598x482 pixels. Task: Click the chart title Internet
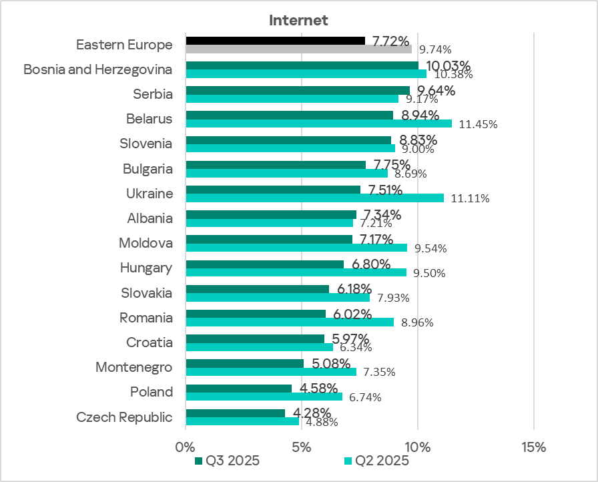[x=298, y=20]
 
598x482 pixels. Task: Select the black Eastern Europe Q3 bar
[x=275, y=41]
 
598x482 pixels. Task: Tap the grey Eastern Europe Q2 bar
[x=298, y=49]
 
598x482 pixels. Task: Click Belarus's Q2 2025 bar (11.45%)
[x=318, y=124]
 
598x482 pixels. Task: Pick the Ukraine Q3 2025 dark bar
[x=273, y=190]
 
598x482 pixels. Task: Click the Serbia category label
[x=153, y=94]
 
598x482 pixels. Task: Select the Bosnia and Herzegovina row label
[x=97, y=69]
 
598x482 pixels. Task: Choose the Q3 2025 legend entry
[x=226, y=461]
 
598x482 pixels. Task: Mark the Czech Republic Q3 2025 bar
[x=235, y=413]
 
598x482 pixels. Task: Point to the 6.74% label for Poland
[x=362, y=398]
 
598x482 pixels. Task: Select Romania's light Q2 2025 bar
[x=289, y=322]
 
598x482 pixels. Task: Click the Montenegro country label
[x=133, y=367]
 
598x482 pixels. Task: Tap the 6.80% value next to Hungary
[x=370, y=264]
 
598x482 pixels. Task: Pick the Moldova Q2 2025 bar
[x=296, y=248]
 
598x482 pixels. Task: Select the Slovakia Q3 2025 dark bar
[x=257, y=289]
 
